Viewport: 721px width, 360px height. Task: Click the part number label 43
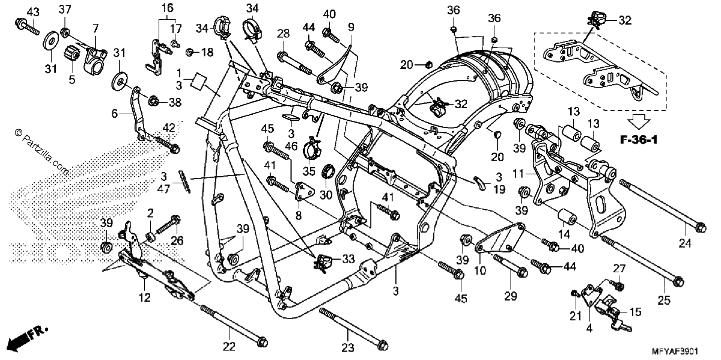coord(33,12)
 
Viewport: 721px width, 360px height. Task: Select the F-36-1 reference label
coord(639,140)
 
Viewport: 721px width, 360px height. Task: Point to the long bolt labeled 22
coord(234,326)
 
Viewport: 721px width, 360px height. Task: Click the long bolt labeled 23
coord(354,330)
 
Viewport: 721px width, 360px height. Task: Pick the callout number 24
coord(684,243)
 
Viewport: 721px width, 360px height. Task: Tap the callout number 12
coord(145,297)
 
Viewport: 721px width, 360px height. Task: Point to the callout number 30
coord(326,195)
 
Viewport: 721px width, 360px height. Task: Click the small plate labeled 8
coord(304,192)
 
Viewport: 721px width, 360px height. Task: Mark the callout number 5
coord(71,79)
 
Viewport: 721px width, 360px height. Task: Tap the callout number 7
coord(96,29)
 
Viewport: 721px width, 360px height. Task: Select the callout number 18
coord(208,52)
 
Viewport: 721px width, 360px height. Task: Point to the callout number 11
coord(518,174)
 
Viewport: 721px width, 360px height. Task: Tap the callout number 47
coord(163,189)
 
